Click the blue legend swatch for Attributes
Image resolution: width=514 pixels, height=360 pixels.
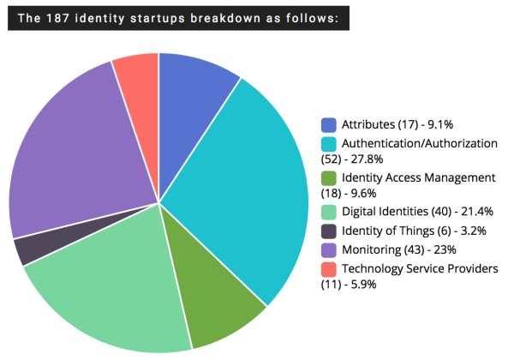329,125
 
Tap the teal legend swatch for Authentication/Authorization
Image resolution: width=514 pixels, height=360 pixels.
329,144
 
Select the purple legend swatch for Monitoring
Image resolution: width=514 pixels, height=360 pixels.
329,250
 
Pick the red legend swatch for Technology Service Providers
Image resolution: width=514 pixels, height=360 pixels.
329,269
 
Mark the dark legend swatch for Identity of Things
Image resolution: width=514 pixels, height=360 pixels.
329,231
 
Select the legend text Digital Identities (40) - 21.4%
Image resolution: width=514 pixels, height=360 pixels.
406,213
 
